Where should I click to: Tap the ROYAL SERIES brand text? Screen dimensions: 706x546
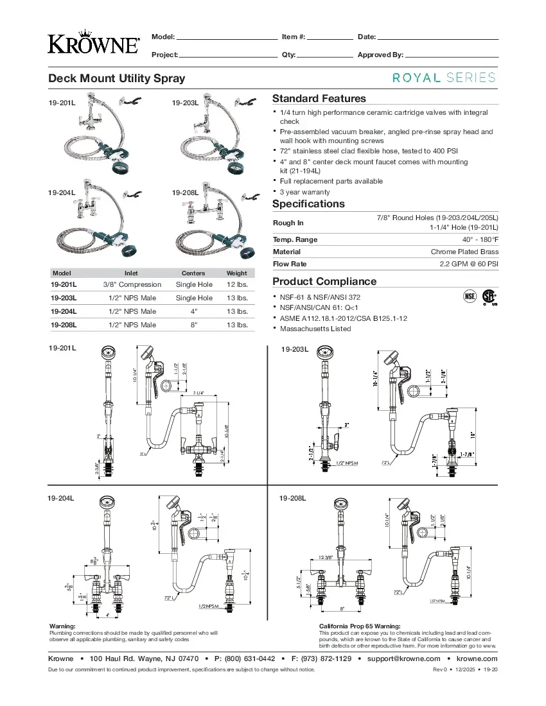click(444, 78)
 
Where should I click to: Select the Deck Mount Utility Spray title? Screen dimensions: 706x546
click(117, 78)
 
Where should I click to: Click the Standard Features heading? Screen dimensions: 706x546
click(319, 98)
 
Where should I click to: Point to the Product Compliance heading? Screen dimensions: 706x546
click(324, 281)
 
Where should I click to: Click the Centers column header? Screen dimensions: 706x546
click(193, 273)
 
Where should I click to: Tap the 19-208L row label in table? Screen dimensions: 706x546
click(64, 325)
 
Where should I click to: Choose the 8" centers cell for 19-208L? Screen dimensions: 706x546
click(193, 325)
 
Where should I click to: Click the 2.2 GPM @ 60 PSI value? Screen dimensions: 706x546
click(469, 264)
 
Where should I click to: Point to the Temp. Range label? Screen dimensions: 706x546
click(295, 239)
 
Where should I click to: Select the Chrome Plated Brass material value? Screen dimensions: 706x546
click(464, 252)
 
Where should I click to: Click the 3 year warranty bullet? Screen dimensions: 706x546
click(304, 192)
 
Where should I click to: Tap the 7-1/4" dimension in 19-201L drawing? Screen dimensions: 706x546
click(198, 393)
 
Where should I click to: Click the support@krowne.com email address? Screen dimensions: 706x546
click(403, 659)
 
